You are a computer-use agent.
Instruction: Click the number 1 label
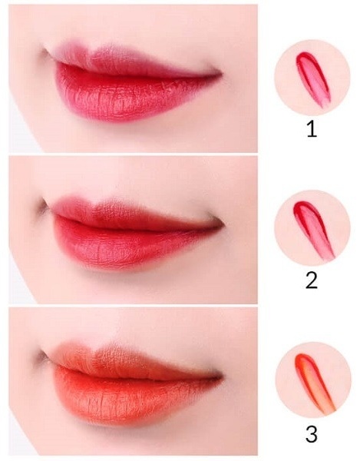pyautogui.click(x=312, y=130)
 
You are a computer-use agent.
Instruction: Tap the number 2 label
pyautogui.click(x=312, y=280)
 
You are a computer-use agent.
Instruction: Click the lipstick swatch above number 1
pyautogui.click(x=312, y=78)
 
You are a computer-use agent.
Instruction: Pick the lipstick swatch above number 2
pyautogui.click(x=314, y=230)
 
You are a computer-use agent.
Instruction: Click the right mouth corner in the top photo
pyautogui.click(x=219, y=71)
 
